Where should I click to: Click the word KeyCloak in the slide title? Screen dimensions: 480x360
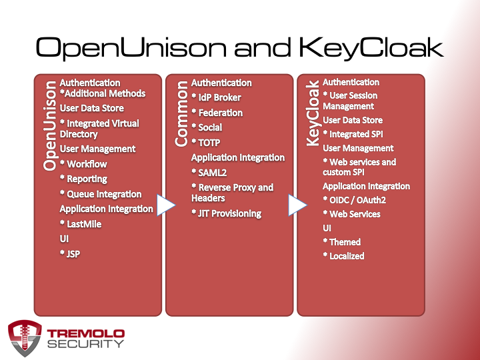[371, 48]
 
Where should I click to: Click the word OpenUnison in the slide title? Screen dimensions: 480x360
[131, 48]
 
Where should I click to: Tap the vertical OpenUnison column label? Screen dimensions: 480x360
[50, 125]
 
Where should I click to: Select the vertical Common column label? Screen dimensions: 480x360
[181, 113]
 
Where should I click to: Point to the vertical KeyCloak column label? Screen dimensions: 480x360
[313, 113]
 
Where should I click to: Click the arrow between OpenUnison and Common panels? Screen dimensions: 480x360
[166, 205]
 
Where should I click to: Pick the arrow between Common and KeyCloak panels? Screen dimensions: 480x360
[297, 205]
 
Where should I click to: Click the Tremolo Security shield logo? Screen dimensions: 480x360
[25, 338]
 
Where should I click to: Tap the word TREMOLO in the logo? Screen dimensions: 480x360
[86, 333]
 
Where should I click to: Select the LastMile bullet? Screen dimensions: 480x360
[81, 224]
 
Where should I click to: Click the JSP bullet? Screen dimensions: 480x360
[70, 254]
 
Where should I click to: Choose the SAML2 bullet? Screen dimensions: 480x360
[209, 173]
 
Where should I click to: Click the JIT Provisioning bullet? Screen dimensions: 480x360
[227, 213]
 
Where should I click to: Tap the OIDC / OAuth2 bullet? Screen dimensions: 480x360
[355, 200]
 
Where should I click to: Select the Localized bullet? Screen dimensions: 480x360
[344, 256]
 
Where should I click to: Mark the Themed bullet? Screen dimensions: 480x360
[342, 242]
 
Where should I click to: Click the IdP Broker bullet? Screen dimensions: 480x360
[217, 97]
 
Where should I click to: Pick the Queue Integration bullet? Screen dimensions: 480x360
[101, 194]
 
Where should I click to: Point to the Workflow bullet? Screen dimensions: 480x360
[83, 164]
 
